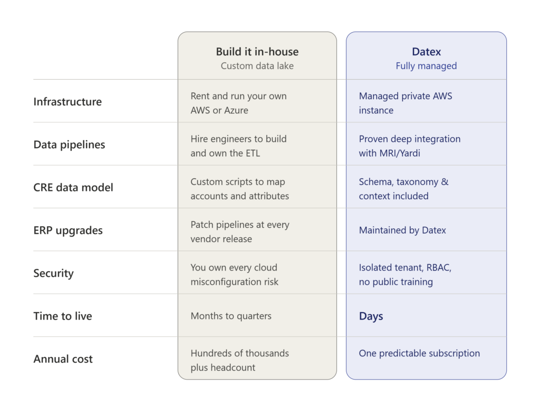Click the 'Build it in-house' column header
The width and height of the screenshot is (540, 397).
tap(257, 52)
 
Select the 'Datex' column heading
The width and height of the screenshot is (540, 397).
tap(426, 52)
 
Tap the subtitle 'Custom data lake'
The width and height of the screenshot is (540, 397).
tap(257, 66)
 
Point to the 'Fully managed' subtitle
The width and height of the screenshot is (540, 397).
tap(426, 66)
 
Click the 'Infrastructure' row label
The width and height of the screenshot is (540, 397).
tap(67, 102)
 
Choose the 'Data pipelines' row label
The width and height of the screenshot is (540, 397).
tap(69, 144)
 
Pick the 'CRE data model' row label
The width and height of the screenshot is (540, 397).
tap(73, 187)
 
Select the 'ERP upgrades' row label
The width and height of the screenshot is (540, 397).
tap(68, 230)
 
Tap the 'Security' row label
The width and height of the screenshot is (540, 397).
tap(53, 274)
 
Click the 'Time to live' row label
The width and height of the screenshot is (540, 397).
tap(63, 316)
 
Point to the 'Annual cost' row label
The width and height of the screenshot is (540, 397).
tap(63, 359)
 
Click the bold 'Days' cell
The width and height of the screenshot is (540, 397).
tap(371, 316)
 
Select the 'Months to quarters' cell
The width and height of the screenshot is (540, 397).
tap(231, 316)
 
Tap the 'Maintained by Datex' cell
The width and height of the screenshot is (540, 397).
tap(402, 230)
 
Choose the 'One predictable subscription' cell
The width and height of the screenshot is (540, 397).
tap(419, 353)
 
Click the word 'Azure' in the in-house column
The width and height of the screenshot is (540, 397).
tap(236, 110)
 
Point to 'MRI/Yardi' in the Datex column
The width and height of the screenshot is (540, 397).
tap(400, 153)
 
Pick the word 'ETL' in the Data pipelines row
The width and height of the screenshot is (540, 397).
tap(253, 153)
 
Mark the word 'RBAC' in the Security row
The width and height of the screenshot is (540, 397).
tap(439, 268)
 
